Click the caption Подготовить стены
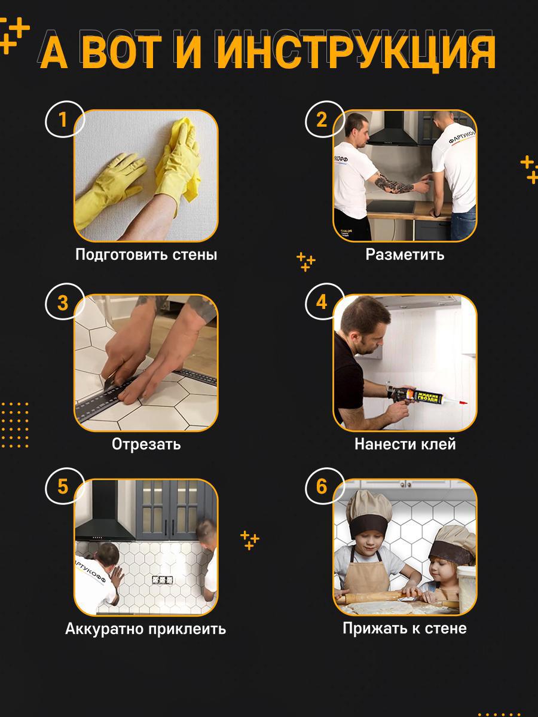(146, 255)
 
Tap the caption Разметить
(405, 254)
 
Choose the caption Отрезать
(146, 443)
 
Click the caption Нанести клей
(405, 443)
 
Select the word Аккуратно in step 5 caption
(105, 629)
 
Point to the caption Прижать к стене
(405, 628)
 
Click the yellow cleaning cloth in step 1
(185, 157)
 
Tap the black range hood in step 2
(393, 131)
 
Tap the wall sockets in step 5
(163, 580)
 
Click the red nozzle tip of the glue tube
(463, 402)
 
